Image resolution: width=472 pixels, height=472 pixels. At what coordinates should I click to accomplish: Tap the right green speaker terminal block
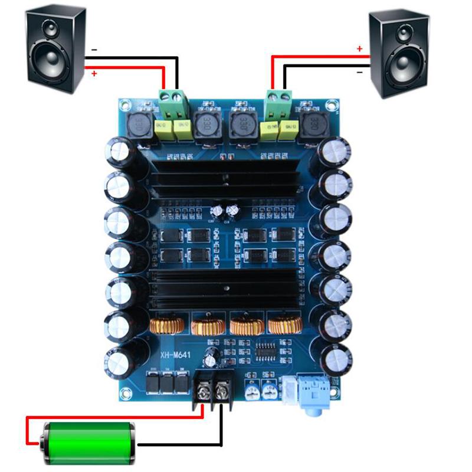[x=279, y=101]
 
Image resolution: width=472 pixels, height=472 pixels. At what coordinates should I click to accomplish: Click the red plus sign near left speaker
[x=94, y=73]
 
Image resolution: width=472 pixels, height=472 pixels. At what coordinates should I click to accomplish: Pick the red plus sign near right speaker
[x=359, y=50]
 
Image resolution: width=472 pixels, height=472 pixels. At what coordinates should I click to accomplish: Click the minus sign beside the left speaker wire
[x=94, y=50]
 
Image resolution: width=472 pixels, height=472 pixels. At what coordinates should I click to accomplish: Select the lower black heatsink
[x=227, y=289]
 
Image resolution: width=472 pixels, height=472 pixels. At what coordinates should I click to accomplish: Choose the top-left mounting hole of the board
[x=124, y=106]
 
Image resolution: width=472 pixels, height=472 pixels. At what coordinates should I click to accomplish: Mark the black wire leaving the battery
[x=177, y=444]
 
